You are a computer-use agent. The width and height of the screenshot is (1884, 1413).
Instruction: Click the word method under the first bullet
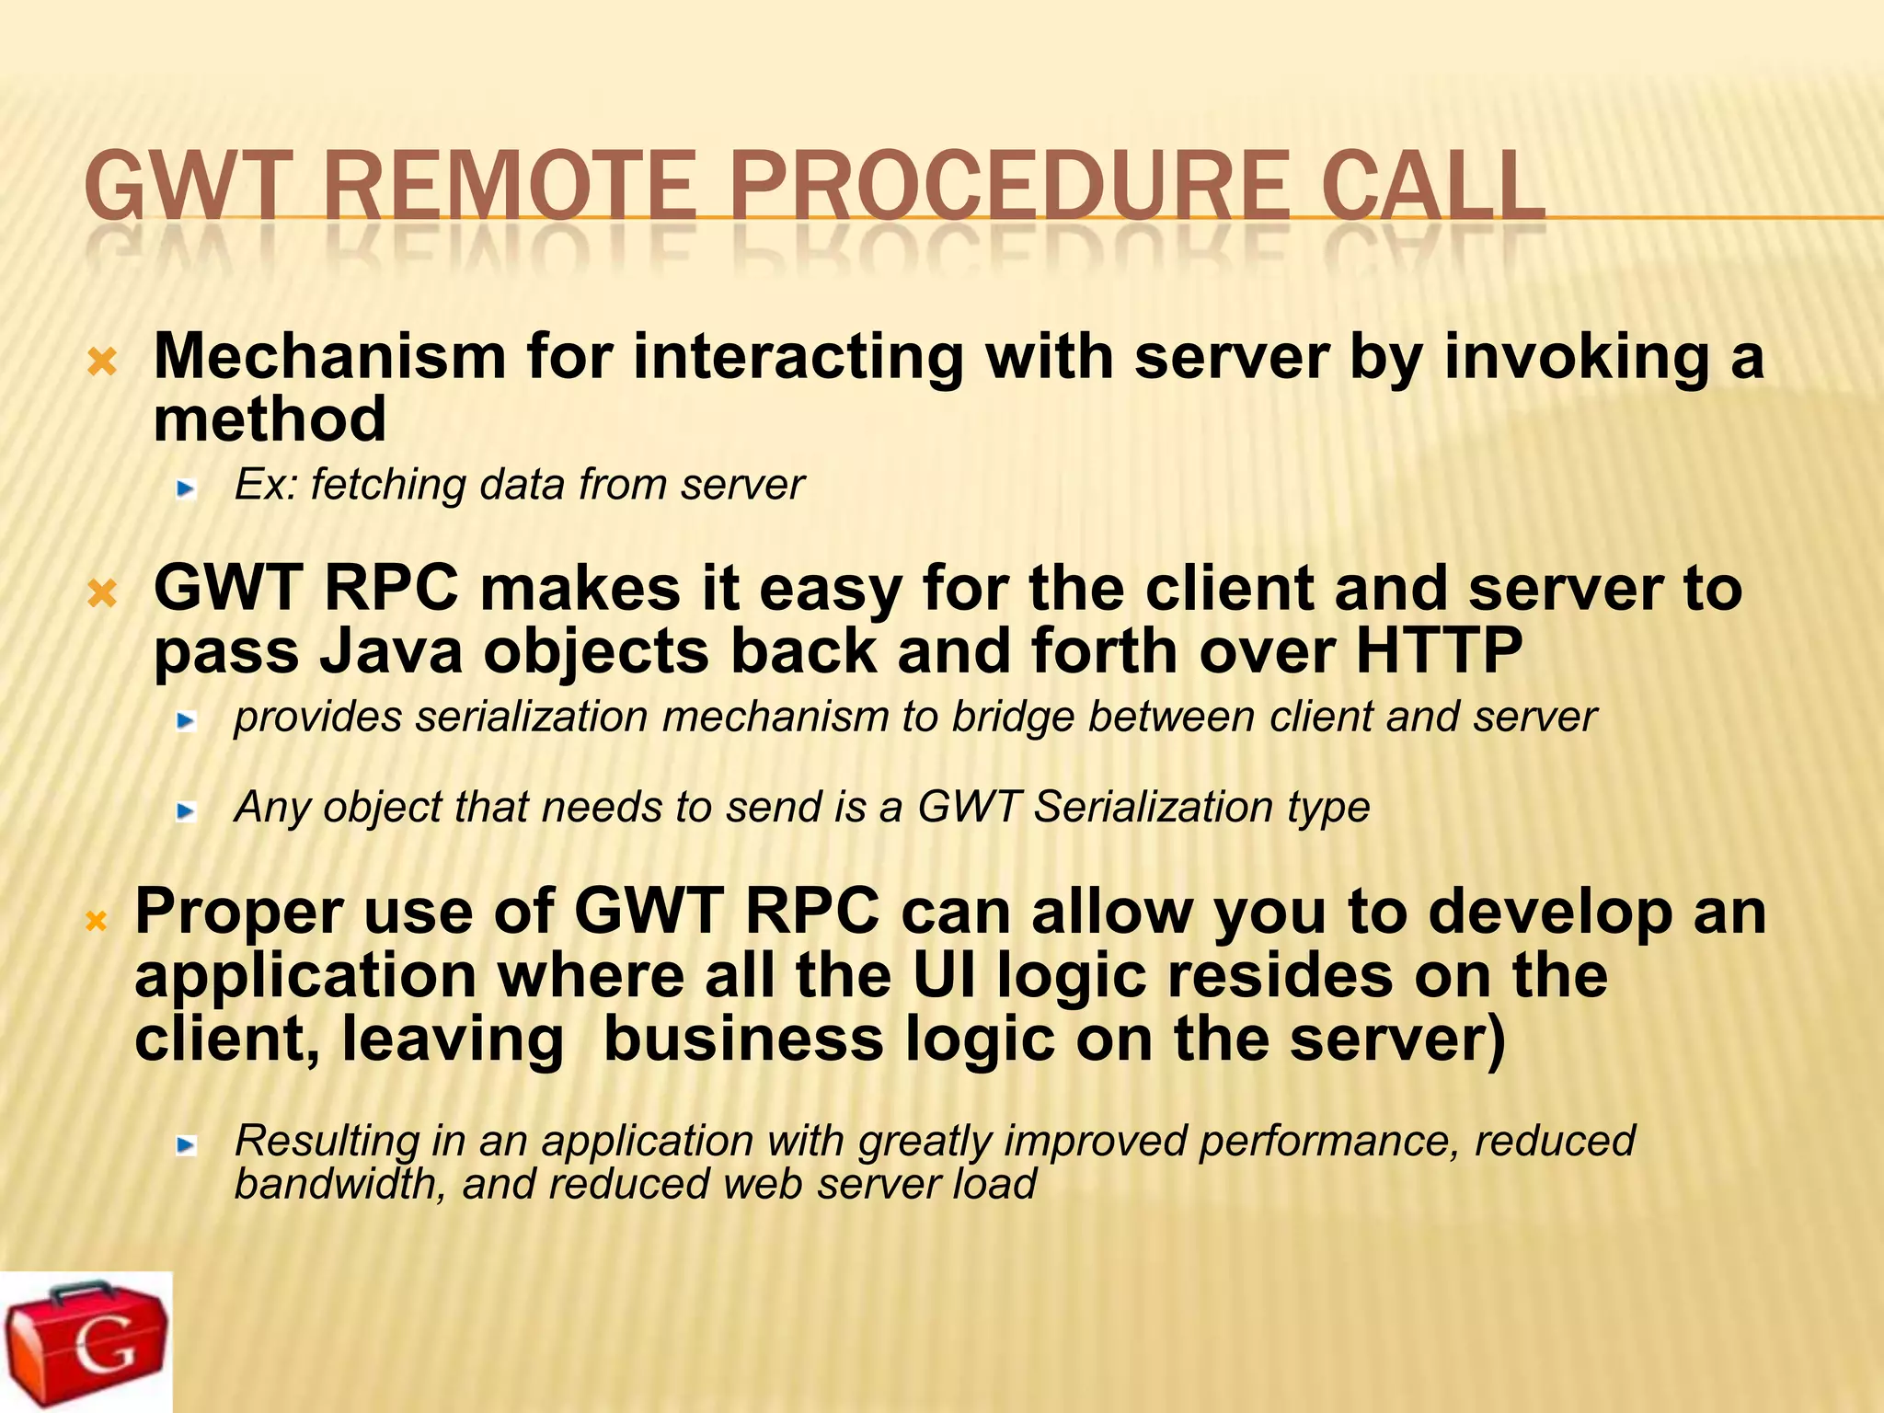(x=270, y=419)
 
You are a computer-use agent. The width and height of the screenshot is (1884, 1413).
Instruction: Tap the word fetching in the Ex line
(x=387, y=485)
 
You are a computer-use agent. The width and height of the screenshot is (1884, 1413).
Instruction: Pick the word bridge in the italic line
(x=1012, y=718)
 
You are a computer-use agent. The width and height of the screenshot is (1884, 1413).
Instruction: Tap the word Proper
(x=238, y=912)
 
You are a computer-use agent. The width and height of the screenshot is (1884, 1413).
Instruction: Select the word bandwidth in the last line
(x=340, y=1184)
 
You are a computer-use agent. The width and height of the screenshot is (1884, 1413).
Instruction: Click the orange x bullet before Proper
(x=97, y=920)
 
